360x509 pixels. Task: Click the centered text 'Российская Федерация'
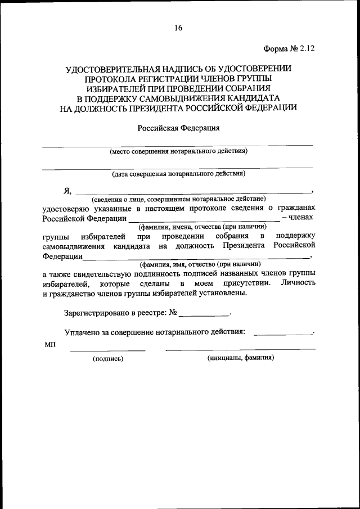click(178, 128)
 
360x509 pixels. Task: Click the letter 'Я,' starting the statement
click(67, 190)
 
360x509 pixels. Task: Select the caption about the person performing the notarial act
click(178, 199)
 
